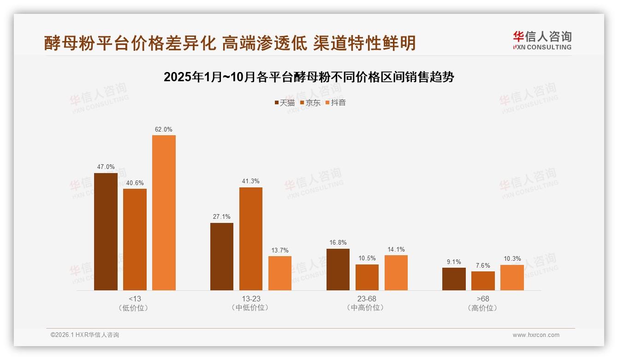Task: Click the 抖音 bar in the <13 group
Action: pyautogui.click(x=164, y=212)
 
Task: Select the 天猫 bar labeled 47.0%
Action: pyautogui.click(x=106, y=231)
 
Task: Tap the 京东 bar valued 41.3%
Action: pyautogui.click(x=250, y=239)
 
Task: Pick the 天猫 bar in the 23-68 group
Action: pyautogui.click(x=338, y=270)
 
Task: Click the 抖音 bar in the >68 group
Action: pyautogui.click(x=512, y=277)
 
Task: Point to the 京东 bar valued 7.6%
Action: pyautogui.click(x=483, y=281)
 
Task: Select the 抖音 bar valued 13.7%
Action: pyautogui.click(x=279, y=273)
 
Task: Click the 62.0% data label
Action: pyautogui.click(x=164, y=130)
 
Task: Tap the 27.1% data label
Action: pyautogui.click(x=222, y=216)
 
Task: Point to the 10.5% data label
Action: pyautogui.click(x=367, y=258)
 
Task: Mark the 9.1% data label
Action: pyautogui.click(x=454, y=262)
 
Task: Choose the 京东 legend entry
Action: pyautogui.click(x=310, y=103)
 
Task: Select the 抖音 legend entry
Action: pyautogui.click(x=336, y=103)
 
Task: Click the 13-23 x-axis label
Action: pyautogui.click(x=250, y=299)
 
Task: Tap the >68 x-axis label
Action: pyautogui.click(x=483, y=299)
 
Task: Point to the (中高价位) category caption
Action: pyautogui.click(x=367, y=307)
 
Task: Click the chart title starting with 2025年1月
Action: pyautogui.click(x=309, y=77)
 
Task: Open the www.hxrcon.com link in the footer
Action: pyautogui.click(x=536, y=335)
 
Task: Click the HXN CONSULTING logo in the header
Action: pyautogui.click(x=542, y=40)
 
